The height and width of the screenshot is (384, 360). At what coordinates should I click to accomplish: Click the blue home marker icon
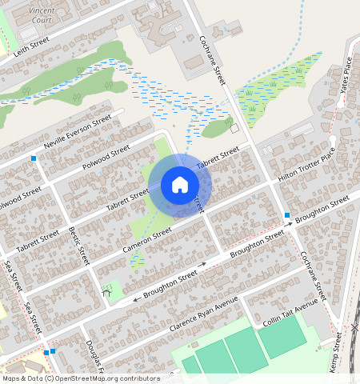(x=180, y=185)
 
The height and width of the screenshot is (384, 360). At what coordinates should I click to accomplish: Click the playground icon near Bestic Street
(x=106, y=292)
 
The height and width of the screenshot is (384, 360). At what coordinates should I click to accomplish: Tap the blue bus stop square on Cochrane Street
(x=286, y=214)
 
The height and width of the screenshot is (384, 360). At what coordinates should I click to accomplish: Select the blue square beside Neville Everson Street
(x=34, y=158)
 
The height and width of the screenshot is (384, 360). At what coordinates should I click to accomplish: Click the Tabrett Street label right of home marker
(x=218, y=155)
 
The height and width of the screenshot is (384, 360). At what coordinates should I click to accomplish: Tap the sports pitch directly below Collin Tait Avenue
(x=282, y=339)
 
